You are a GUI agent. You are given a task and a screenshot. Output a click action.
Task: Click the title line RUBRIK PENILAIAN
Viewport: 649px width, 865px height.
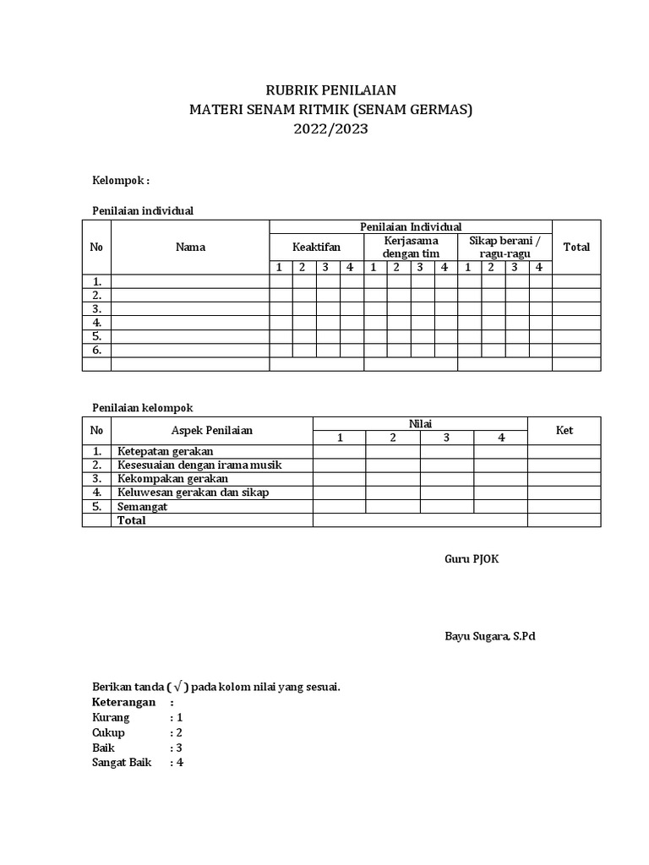325,90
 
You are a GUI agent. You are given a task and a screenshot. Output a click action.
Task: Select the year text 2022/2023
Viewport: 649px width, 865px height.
325,130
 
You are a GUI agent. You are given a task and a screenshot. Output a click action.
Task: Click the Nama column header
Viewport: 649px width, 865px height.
190,247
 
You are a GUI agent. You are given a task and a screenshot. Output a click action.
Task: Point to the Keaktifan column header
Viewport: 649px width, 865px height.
316,247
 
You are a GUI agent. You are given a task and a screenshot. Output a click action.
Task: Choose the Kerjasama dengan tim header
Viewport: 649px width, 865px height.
411,247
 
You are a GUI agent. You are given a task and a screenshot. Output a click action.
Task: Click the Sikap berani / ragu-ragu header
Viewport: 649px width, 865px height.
504,247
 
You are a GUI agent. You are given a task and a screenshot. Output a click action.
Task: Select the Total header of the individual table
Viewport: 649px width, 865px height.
576,247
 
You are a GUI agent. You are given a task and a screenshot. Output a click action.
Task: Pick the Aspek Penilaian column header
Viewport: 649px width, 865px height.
212,430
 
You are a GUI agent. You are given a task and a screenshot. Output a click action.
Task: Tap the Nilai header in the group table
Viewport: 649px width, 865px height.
420,423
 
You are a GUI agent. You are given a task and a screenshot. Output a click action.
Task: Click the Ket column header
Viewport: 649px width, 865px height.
564,430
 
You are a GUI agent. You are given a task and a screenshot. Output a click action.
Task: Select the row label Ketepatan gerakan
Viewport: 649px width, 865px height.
166,451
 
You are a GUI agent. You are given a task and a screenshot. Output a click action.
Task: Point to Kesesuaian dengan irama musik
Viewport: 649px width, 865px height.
199,465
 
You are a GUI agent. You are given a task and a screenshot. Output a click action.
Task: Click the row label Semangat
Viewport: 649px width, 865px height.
142,506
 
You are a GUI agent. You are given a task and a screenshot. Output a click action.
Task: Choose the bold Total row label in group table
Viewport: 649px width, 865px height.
132,520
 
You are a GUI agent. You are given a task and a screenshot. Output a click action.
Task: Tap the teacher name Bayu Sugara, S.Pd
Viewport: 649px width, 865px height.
489,636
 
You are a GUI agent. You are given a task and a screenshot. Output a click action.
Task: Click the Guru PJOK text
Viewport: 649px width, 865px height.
472,559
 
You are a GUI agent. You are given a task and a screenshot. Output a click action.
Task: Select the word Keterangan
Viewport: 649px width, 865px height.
123,702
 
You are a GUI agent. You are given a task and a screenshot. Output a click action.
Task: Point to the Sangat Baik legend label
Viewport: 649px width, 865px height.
121,762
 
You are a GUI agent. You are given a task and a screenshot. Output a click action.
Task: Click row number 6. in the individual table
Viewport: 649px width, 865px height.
97,350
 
